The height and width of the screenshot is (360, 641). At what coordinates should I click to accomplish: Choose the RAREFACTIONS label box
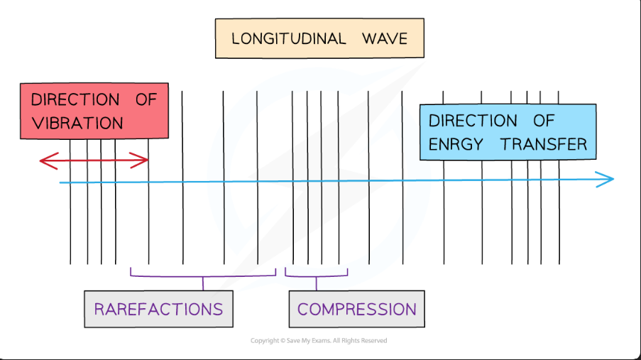[158, 309]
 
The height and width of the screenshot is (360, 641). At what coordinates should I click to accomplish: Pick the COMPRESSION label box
[356, 309]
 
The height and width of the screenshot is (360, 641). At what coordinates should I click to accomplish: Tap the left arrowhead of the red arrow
[43, 161]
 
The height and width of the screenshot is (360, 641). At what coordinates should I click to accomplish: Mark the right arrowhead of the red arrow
[144, 160]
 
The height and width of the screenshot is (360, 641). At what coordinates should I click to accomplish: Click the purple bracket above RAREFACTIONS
[203, 276]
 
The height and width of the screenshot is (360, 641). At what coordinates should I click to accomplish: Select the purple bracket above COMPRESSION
[316, 276]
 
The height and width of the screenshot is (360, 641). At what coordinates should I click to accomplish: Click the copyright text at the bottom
[319, 341]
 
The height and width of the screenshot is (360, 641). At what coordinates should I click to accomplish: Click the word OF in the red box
[146, 99]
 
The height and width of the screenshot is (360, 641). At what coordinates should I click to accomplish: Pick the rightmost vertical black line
[559, 213]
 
